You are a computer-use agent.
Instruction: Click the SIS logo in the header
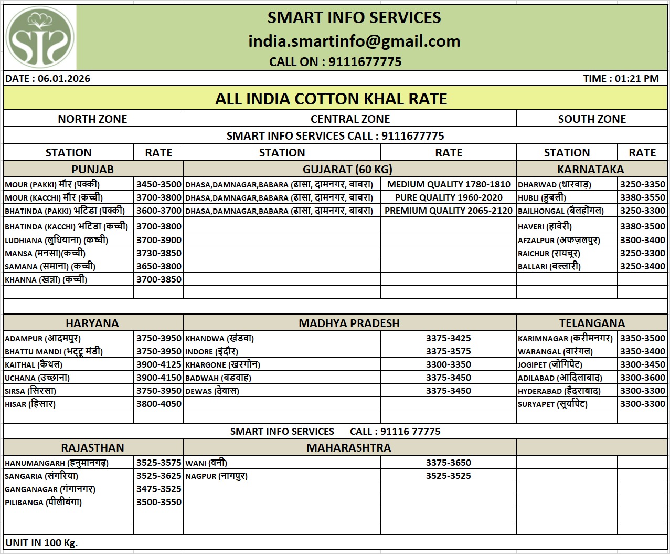[x=40, y=37]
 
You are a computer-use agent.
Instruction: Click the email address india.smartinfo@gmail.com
[x=354, y=41]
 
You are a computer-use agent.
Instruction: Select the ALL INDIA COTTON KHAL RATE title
[x=331, y=99]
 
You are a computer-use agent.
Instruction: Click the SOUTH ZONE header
[x=592, y=119]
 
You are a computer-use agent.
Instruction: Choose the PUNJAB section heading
[x=93, y=170]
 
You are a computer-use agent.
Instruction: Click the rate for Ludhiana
[x=158, y=240]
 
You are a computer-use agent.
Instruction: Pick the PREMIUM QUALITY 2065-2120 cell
[x=449, y=211]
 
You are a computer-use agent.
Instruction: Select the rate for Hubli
[x=642, y=197]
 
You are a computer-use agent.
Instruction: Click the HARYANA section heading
[x=92, y=323]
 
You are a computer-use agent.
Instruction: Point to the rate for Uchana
[x=158, y=378]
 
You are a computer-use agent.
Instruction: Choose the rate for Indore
[x=449, y=351]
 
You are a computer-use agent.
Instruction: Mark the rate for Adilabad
[x=642, y=378]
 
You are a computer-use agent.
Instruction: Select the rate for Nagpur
[x=449, y=476]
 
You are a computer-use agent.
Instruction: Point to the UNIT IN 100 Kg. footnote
[x=41, y=542]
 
